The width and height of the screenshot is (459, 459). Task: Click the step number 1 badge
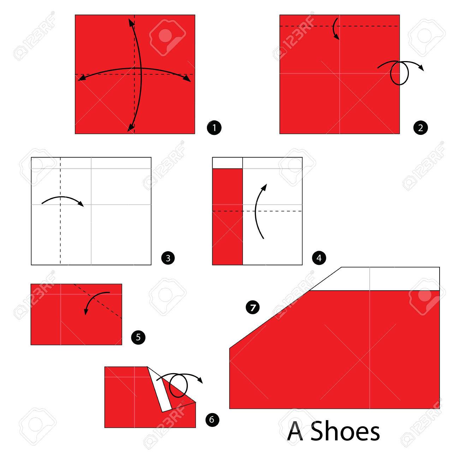tap(214, 128)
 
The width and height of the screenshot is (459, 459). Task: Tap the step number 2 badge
tap(421, 128)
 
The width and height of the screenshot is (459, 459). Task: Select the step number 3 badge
tap(168, 258)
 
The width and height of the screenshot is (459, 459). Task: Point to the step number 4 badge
tap(319, 258)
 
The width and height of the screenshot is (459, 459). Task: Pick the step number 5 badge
tap(138, 337)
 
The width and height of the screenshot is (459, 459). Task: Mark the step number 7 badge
tap(252, 307)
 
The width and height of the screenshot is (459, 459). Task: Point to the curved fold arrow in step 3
tap(62, 197)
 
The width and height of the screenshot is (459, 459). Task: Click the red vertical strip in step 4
tap(227, 216)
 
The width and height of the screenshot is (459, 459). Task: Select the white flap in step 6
tap(161, 393)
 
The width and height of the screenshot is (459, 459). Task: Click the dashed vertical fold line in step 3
tap(60, 211)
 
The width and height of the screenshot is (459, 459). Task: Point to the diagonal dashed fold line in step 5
tap(98, 301)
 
